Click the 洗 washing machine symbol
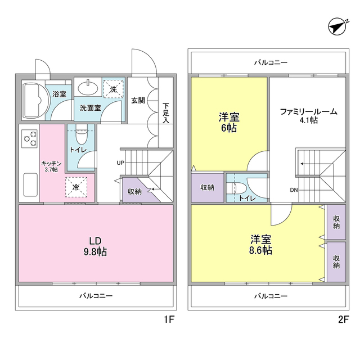(x=113, y=88)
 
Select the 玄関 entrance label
(x=138, y=100)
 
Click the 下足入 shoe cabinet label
(x=165, y=112)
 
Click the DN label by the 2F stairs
(x=294, y=190)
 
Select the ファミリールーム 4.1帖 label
(x=309, y=115)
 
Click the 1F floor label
(x=170, y=320)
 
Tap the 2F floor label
(x=344, y=320)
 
